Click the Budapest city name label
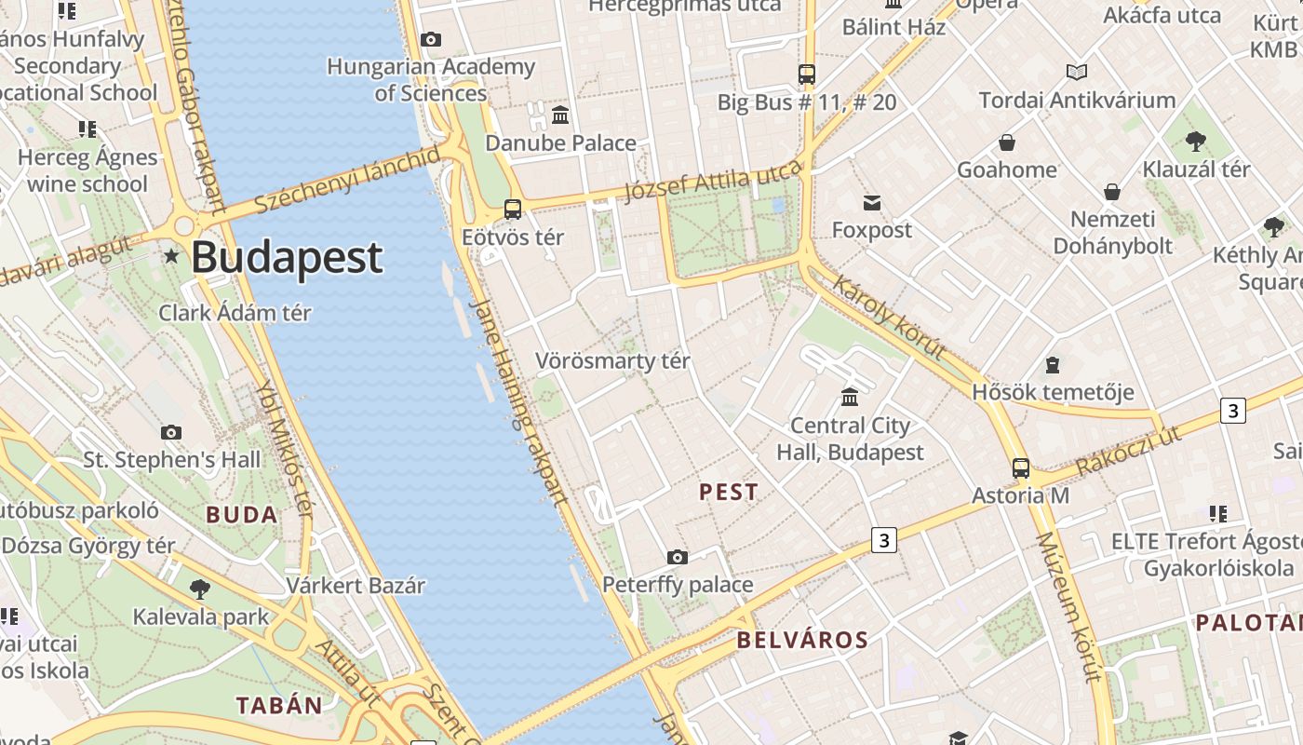pos(287,258)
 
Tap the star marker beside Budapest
pos(171,255)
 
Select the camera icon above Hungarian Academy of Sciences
pos(430,39)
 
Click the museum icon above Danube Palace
pos(560,115)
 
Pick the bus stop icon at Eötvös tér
pos(512,210)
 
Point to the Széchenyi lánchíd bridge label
pos(346,180)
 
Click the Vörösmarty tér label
pos(612,361)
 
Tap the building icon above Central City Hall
pos(850,398)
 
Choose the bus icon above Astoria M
pos(1021,468)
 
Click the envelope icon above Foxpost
pos(872,203)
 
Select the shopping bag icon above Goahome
pos(1007,143)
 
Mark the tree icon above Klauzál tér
pos(1196,142)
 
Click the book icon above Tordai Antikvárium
pos(1077,73)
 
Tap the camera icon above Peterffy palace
pos(678,558)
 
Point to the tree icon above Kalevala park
pos(199,589)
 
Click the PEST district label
pos(729,493)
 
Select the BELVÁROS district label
pos(802,640)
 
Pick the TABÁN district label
pos(279,705)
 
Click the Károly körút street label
pos(889,318)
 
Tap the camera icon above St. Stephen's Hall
pos(171,432)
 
